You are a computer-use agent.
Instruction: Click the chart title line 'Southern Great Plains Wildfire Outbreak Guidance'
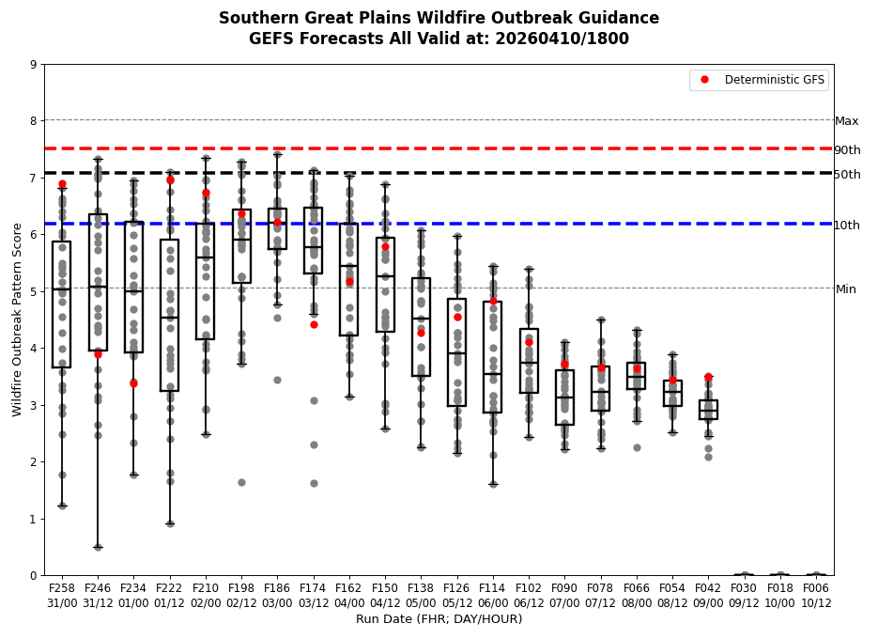click(x=439, y=19)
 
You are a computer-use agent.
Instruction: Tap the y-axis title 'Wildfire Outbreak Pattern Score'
click(x=17, y=319)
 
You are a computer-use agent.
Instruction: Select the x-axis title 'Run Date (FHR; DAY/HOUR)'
click(x=439, y=619)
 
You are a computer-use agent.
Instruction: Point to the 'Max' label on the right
click(x=846, y=121)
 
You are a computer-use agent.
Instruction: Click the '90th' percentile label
click(x=847, y=150)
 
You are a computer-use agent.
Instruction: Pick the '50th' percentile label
click(x=847, y=175)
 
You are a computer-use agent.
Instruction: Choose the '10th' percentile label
click(x=847, y=226)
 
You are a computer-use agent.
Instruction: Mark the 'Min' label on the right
click(x=845, y=289)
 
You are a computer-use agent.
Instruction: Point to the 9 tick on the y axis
click(x=34, y=65)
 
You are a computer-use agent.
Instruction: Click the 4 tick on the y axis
click(x=34, y=349)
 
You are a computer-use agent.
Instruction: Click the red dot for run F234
click(x=133, y=383)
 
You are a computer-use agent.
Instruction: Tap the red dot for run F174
click(x=314, y=324)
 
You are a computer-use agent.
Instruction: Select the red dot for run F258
click(x=62, y=184)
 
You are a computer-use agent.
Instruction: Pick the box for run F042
click(x=708, y=410)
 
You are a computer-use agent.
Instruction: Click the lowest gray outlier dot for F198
click(x=241, y=482)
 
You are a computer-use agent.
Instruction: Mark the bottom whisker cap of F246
click(x=98, y=547)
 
